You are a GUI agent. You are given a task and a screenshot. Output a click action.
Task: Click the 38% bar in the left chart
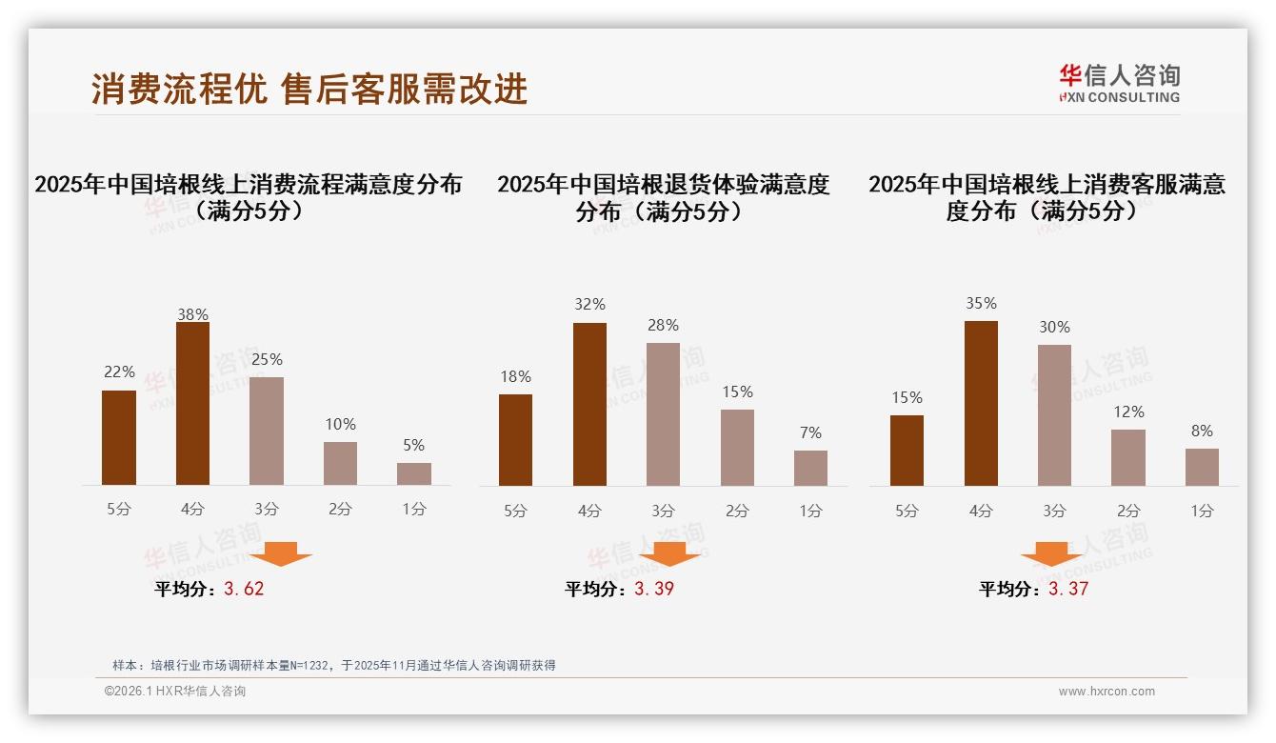192,404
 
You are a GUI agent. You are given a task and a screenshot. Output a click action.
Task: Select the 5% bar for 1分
414,473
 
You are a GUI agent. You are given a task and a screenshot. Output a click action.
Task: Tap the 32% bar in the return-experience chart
589,404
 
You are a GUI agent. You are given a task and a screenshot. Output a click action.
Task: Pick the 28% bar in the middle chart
663,414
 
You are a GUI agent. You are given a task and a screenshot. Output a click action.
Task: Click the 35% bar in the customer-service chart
981,403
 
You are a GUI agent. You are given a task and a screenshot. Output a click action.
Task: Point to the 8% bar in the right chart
1202,467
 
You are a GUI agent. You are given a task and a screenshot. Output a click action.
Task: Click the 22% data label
119,372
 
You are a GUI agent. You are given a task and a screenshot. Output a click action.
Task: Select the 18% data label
515,377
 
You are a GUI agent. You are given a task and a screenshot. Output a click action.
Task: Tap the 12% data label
1128,412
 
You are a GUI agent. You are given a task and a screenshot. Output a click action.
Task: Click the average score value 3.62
244,589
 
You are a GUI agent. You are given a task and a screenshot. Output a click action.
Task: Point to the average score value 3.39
654,589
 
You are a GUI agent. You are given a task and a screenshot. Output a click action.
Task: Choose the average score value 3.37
1068,589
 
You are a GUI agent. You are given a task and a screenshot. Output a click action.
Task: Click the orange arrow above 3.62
281,553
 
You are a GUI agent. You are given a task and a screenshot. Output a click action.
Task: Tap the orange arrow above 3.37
1051,553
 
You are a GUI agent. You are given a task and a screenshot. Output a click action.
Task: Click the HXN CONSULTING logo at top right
1119,83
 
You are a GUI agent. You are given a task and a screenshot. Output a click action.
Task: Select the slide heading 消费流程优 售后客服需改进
309,90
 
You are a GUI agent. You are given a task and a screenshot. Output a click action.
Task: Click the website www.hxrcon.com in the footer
1107,692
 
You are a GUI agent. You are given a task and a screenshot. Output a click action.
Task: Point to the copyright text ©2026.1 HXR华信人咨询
175,692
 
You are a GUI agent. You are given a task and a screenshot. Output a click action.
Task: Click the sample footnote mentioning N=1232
333,666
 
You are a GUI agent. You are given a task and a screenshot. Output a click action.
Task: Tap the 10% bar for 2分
340,463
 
